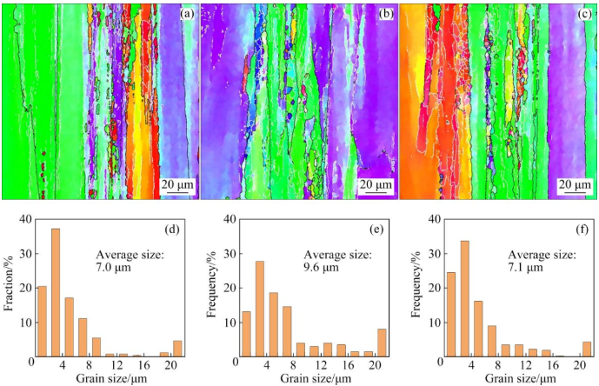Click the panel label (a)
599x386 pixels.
point(185,15)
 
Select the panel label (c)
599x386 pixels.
point(582,15)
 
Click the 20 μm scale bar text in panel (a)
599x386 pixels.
point(177,185)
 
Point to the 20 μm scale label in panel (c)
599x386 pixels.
point(575,185)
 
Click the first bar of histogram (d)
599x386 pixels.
point(42,321)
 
